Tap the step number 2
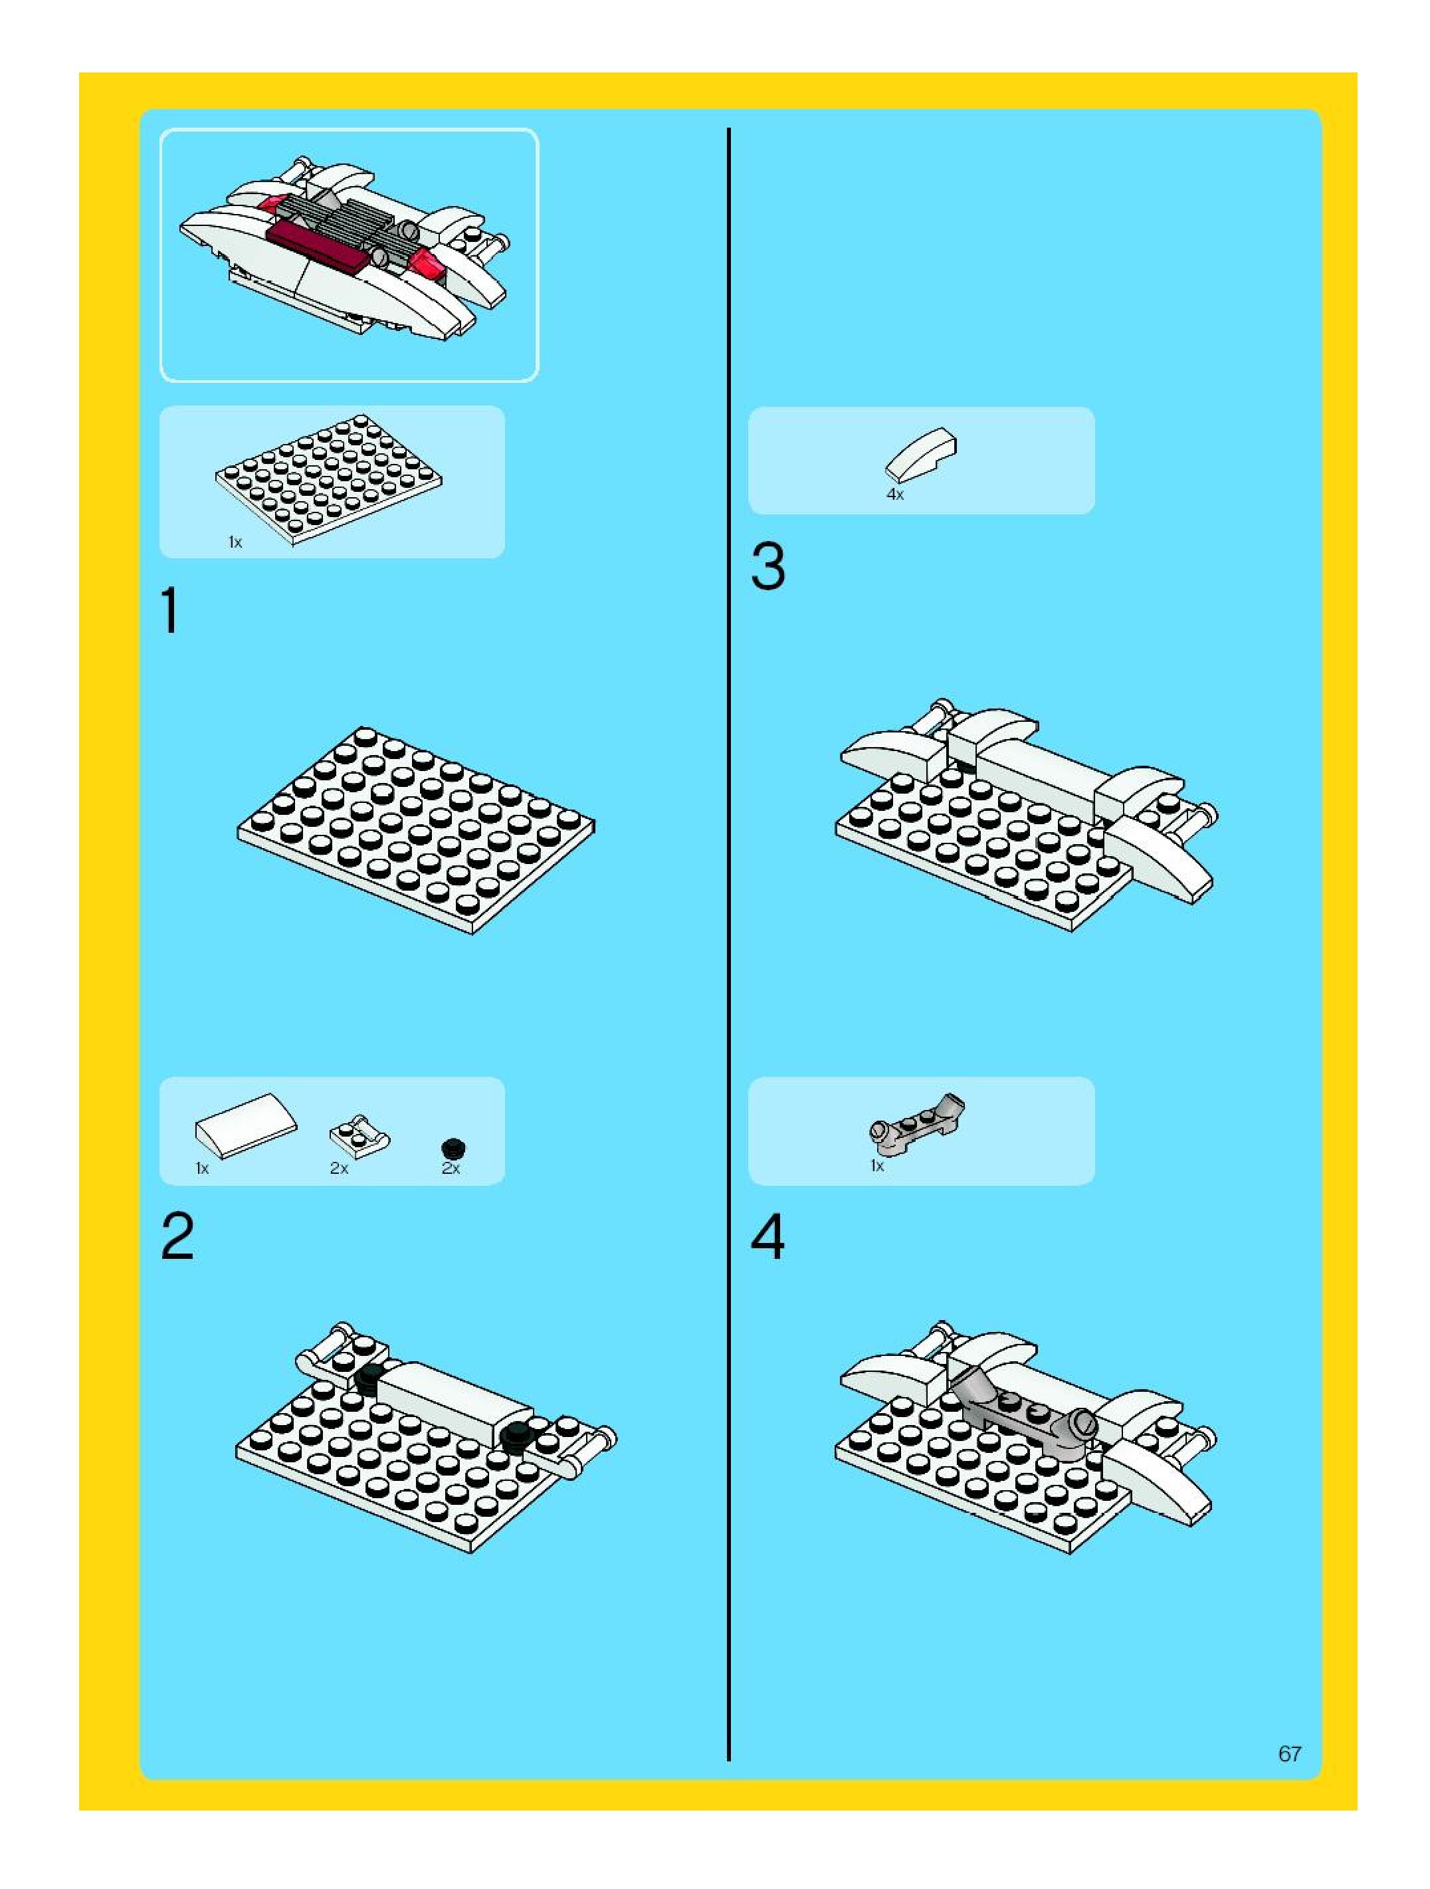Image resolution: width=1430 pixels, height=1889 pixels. (x=177, y=1236)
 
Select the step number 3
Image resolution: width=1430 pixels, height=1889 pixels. (x=767, y=566)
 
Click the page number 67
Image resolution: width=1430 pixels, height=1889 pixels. (x=1289, y=1754)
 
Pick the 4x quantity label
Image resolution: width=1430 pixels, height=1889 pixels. (x=894, y=495)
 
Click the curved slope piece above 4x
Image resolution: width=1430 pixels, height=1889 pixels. (x=920, y=455)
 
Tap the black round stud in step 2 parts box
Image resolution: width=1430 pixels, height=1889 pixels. (x=453, y=1149)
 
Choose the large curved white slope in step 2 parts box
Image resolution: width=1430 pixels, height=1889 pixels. (x=246, y=1125)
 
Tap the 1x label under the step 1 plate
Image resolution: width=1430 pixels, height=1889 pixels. (x=235, y=542)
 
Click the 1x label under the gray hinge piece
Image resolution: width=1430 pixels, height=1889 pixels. (x=876, y=1166)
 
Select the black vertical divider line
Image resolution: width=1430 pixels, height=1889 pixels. (x=728, y=944)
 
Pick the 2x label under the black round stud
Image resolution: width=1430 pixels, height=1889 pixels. (x=451, y=1168)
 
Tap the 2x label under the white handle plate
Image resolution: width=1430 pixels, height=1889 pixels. (x=339, y=1168)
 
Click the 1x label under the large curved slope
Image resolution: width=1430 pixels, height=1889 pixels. (x=202, y=1168)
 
